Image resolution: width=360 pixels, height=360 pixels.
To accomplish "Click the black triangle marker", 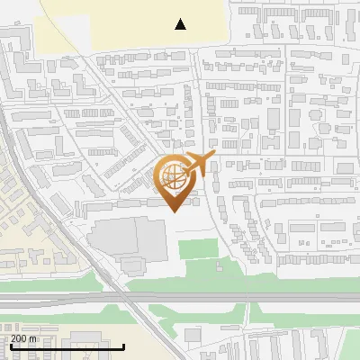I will pyautogui.click(x=181, y=24).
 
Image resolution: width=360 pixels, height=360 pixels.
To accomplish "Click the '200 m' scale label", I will pyautogui.click(x=24, y=337).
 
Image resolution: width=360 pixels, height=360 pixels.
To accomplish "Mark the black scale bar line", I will pyautogui.click(x=63, y=346).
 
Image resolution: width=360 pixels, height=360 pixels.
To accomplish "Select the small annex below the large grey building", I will pyautogui.click(x=133, y=265).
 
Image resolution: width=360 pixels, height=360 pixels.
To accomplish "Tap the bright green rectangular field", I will pyautogui.click(x=199, y=248).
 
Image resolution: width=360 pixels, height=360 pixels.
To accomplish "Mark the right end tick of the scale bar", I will pyautogui.click(x=123, y=345).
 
